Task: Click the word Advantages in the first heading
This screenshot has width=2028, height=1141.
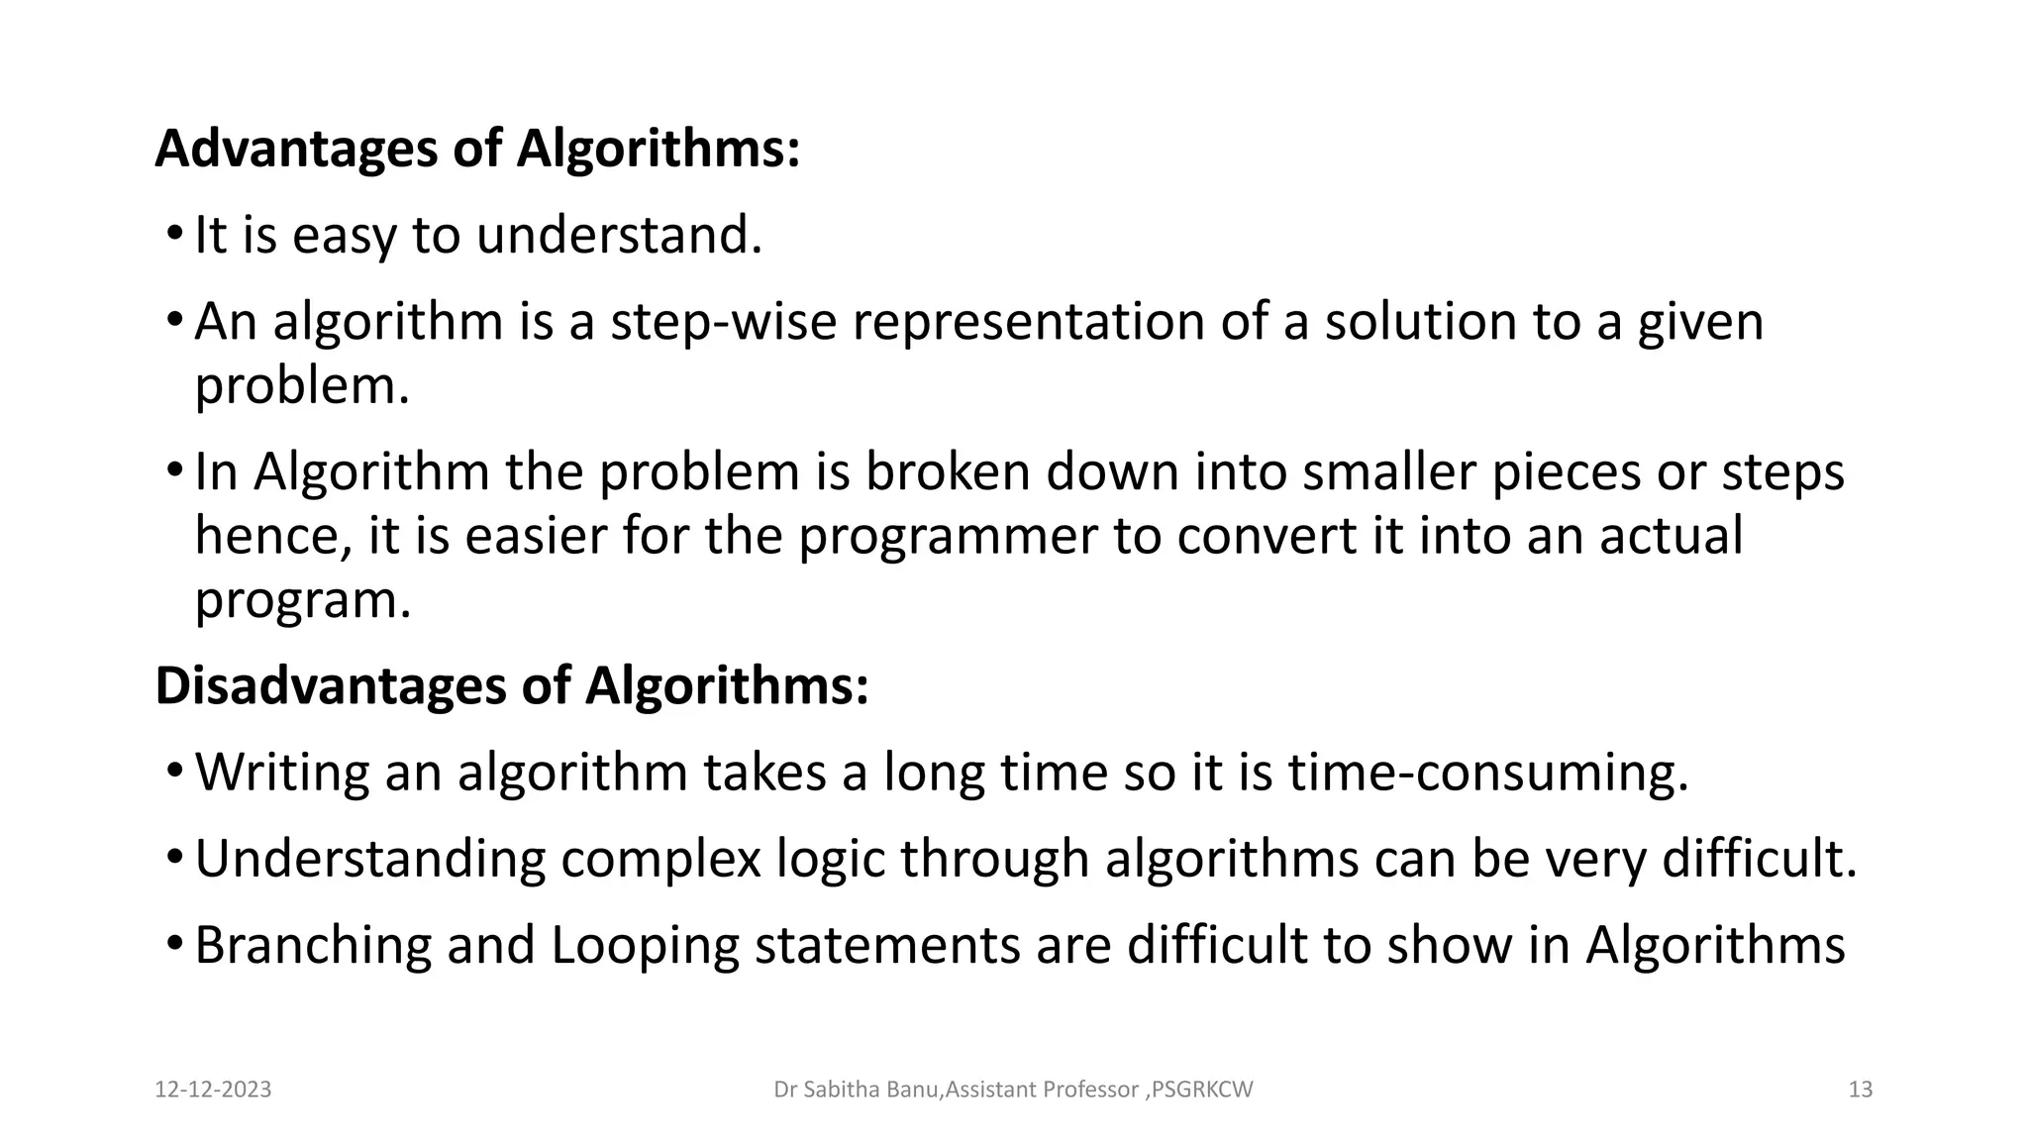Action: coord(296,149)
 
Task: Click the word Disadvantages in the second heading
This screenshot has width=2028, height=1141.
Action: coord(329,685)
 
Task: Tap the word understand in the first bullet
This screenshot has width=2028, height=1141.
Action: coord(619,236)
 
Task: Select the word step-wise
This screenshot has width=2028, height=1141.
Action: coord(723,322)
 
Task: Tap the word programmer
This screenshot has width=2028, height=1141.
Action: coord(948,536)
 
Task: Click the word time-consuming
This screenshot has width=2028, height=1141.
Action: coord(1487,773)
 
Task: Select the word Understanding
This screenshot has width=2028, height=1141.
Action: coord(369,859)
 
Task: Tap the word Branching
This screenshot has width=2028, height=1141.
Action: coord(313,945)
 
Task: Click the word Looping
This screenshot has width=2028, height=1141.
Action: coord(645,945)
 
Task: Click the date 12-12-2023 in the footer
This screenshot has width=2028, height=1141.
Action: coord(213,1089)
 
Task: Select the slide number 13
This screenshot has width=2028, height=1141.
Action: coord(1861,1089)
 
